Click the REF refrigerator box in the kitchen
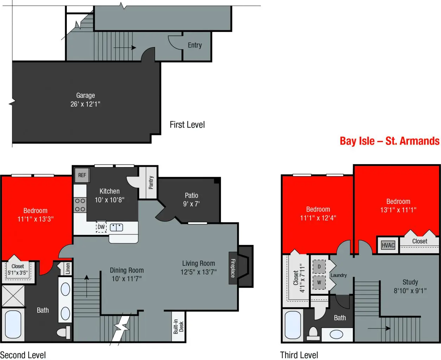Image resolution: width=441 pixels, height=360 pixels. [x=82, y=175]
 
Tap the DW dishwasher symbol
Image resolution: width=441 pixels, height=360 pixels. [x=101, y=227]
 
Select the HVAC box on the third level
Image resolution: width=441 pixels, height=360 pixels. [x=388, y=245]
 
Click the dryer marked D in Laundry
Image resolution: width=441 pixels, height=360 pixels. [x=319, y=266]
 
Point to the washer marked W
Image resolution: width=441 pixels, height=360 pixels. [x=319, y=282]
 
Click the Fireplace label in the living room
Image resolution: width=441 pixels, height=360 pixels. [x=233, y=268]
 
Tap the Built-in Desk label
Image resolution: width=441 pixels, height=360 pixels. [x=179, y=327]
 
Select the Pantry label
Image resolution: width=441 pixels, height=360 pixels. [x=151, y=182]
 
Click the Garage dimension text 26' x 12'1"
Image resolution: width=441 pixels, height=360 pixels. [x=85, y=104]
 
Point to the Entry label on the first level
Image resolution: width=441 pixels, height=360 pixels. [x=195, y=45]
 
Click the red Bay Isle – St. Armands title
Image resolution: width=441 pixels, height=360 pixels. [x=390, y=141]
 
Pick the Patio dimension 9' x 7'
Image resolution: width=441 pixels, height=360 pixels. [x=191, y=204]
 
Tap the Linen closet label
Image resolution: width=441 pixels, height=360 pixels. [x=68, y=269]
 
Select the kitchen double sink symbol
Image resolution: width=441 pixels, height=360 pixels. [x=116, y=227]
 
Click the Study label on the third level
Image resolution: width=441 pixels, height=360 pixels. [x=410, y=282]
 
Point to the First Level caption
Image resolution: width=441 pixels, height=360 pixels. [x=187, y=124]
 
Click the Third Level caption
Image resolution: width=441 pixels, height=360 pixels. [x=299, y=355]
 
